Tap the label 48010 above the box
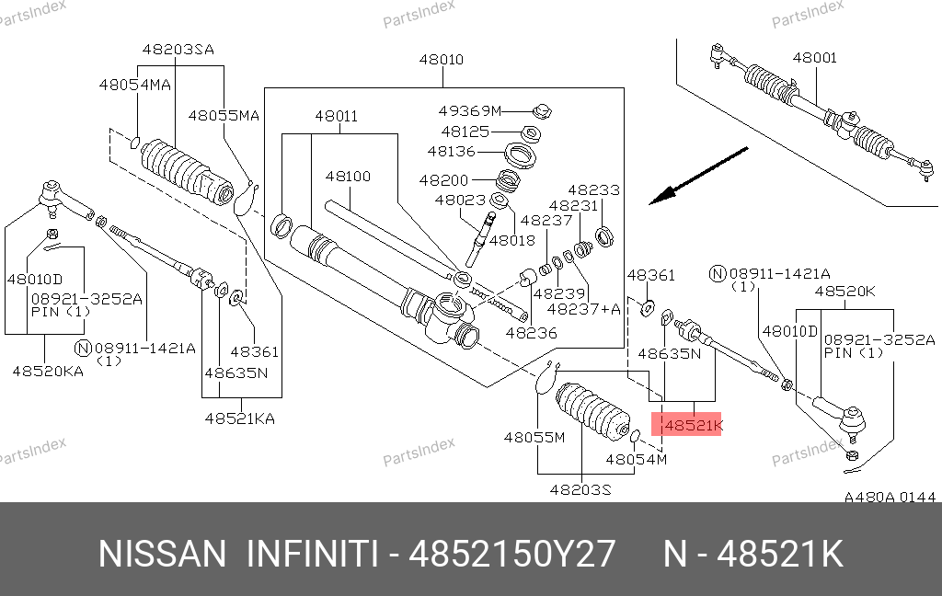(x=442, y=60)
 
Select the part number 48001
(x=815, y=58)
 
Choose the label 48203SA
(x=178, y=50)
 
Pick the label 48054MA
(x=135, y=85)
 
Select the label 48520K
(x=846, y=292)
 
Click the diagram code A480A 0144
(x=890, y=498)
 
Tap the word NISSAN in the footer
(x=162, y=555)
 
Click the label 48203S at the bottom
(x=580, y=489)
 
